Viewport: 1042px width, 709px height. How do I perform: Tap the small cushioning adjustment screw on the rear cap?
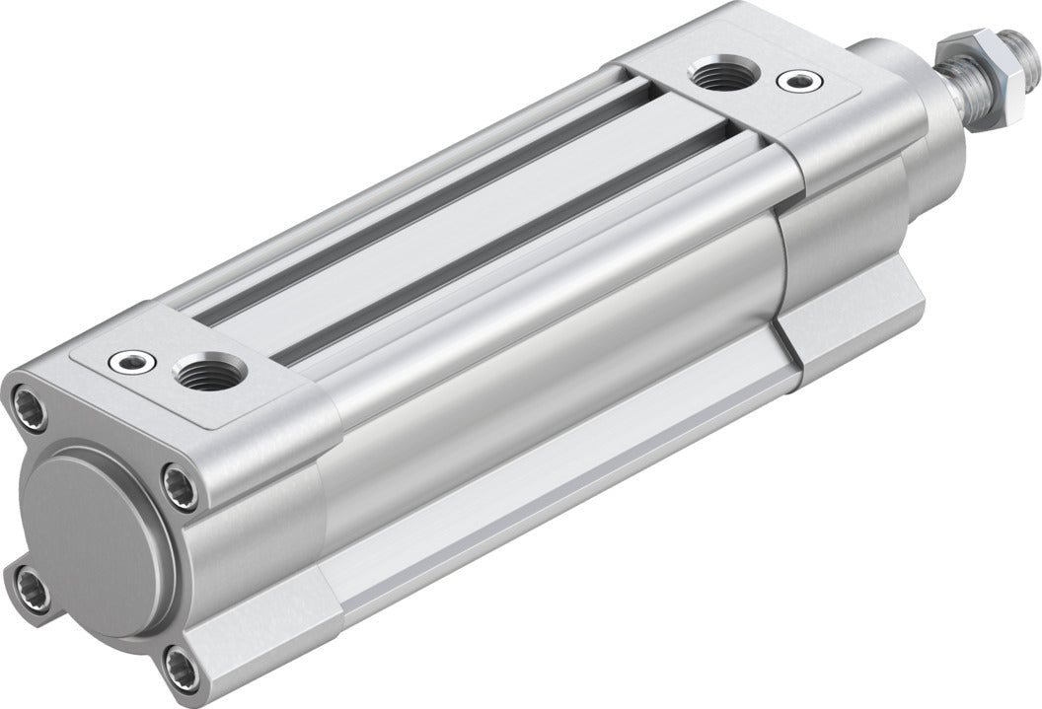click(x=132, y=363)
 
